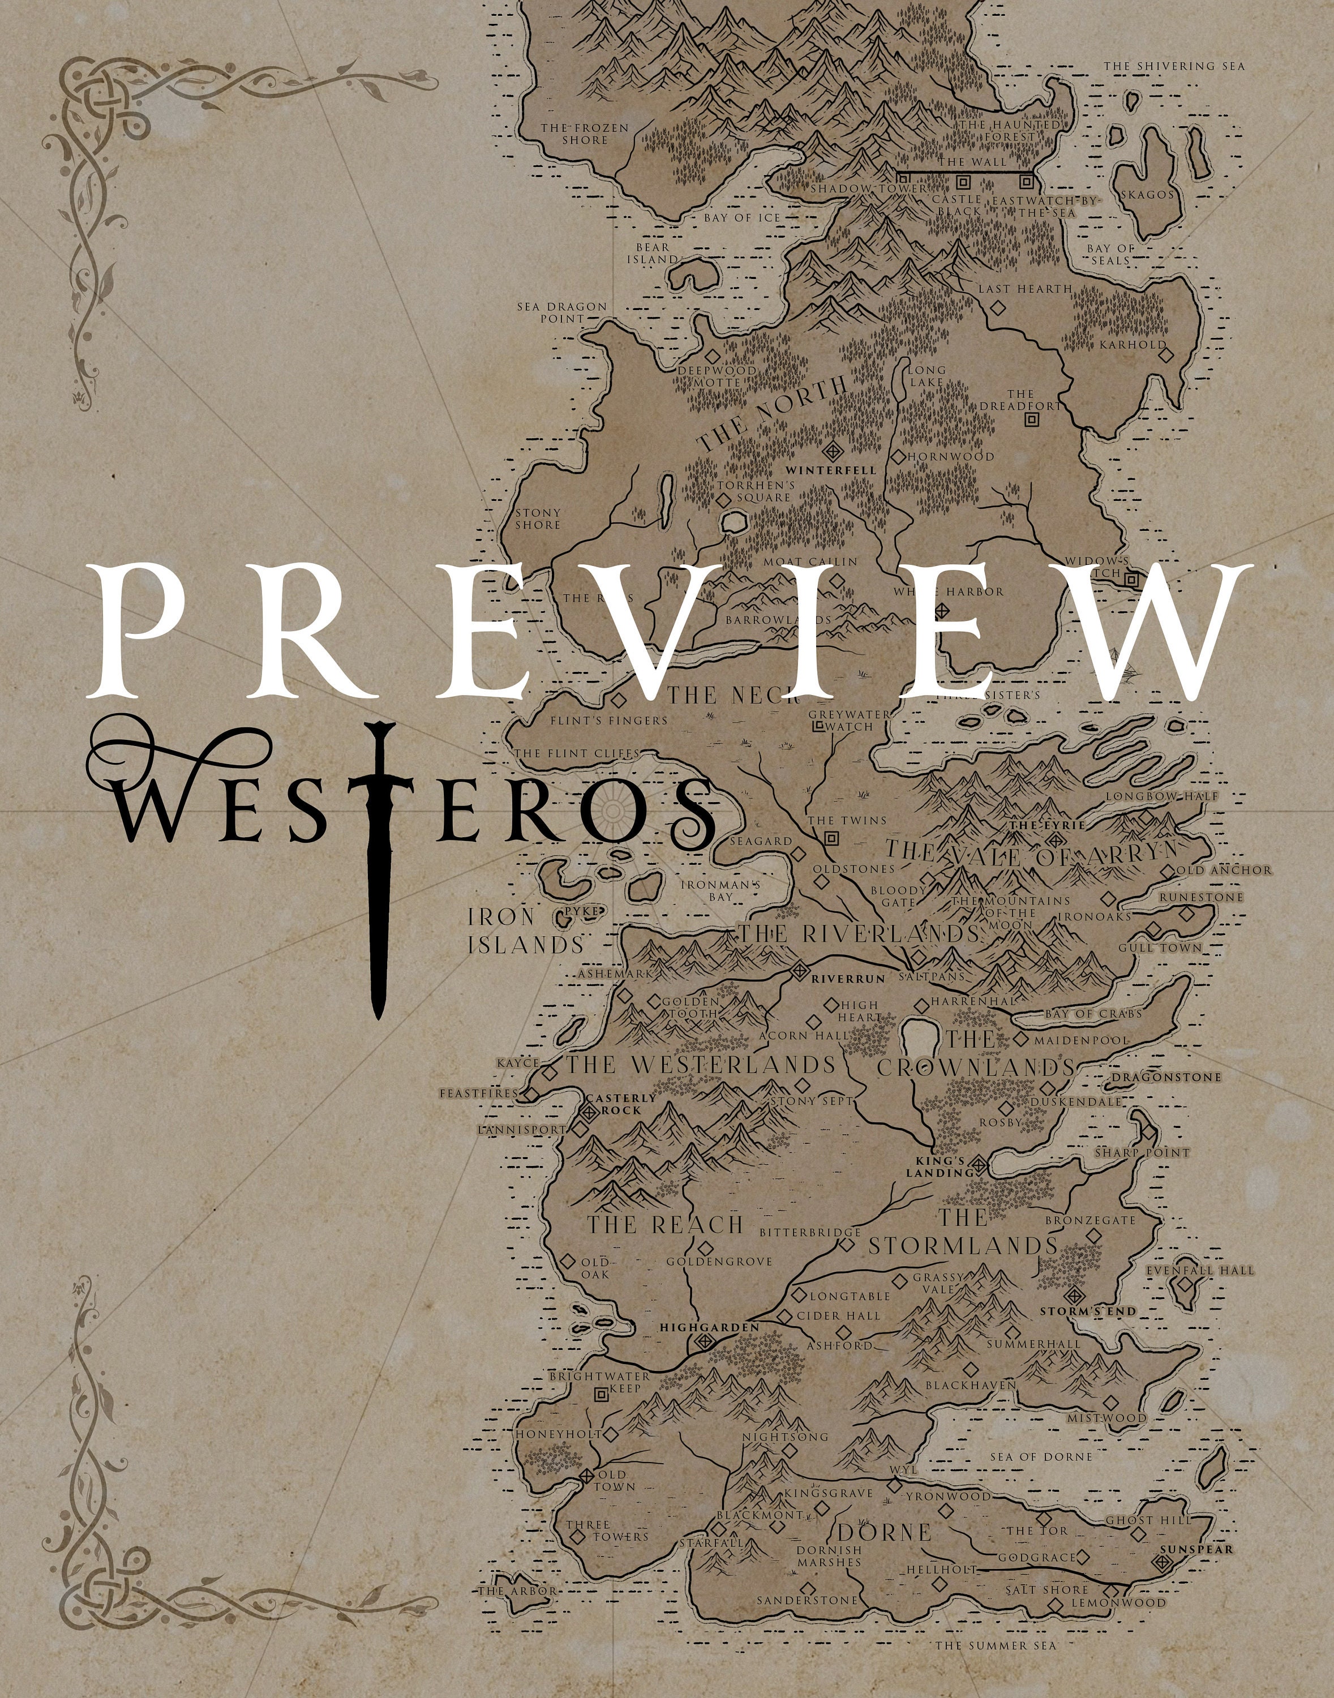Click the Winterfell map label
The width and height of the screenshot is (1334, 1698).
point(830,471)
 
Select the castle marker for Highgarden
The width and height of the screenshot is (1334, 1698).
point(705,1341)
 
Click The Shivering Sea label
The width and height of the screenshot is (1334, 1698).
point(1173,66)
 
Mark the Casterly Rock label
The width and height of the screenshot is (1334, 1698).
point(620,1104)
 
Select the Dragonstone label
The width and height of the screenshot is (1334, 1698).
point(1166,1077)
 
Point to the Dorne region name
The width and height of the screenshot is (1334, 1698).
point(885,1532)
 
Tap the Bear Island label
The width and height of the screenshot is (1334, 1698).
point(652,252)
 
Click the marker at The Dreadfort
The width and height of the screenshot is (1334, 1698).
point(1032,419)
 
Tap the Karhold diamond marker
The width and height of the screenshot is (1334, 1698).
point(1166,354)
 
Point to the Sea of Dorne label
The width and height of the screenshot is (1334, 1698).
point(1041,1457)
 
